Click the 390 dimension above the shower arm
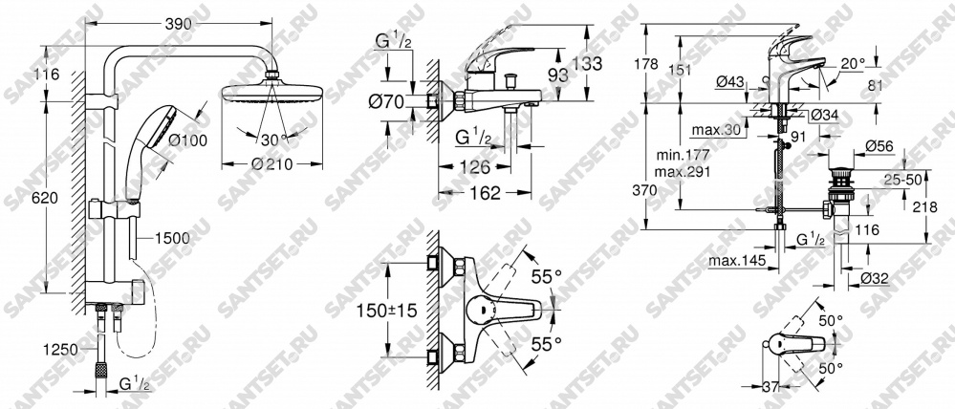pos(179,23)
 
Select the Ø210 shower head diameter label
pos(271,163)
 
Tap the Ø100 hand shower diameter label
pos(187,140)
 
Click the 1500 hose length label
pos(172,238)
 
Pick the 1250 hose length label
pos(60,350)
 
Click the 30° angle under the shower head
pos(274,140)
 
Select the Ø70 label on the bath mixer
pos(386,101)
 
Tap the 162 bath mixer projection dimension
pos(486,193)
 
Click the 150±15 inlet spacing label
pos(387,311)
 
